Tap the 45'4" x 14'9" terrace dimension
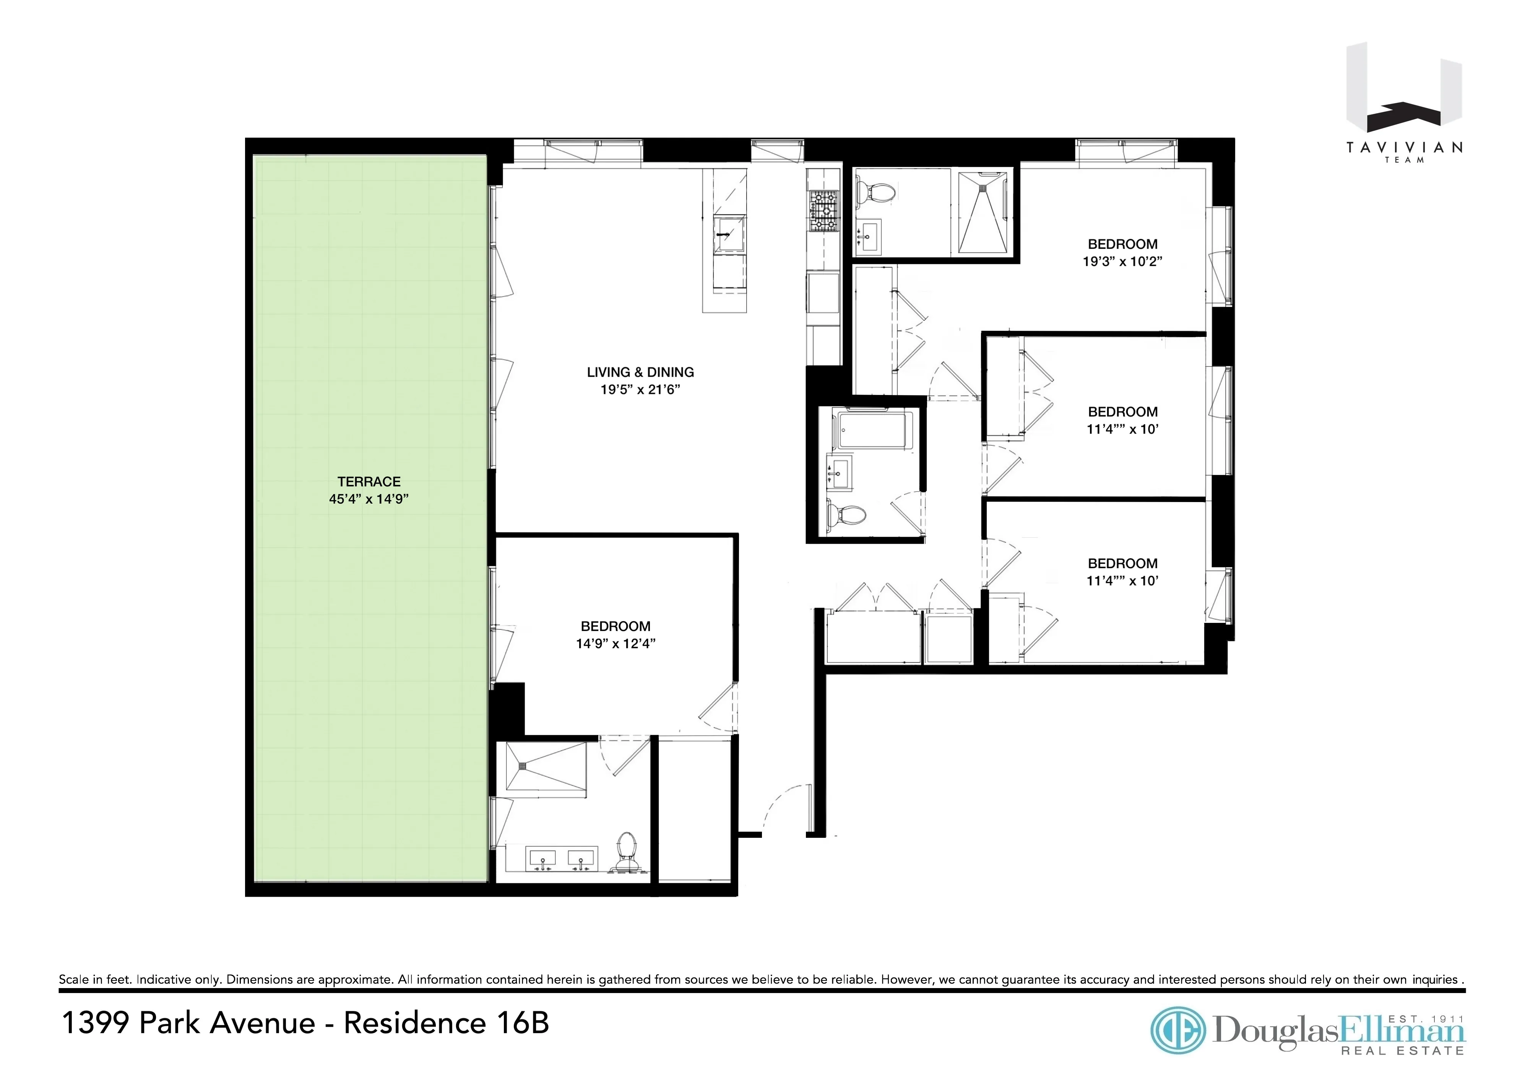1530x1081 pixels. pyautogui.click(x=369, y=499)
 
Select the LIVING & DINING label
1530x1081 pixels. pyautogui.click(x=640, y=372)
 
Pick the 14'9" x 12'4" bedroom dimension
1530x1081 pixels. pyautogui.click(x=615, y=644)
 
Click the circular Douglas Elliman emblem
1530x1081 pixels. pyautogui.click(x=1178, y=1031)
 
